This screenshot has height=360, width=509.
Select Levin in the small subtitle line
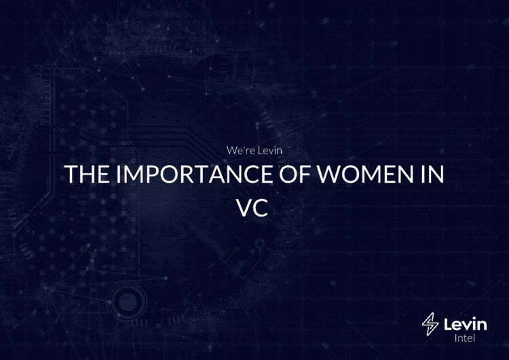(270, 150)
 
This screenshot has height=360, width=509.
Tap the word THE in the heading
(87, 174)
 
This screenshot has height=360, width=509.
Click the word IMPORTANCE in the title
(194, 174)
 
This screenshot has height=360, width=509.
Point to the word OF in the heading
(295, 174)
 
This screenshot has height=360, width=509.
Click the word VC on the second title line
(252, 207)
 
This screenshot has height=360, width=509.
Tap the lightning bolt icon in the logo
(430, 324)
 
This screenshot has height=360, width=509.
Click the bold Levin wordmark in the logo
(465, 324)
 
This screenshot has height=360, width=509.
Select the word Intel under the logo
(464, 338)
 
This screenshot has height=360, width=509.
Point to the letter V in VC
(244, 207)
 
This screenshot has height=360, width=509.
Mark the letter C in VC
(261, 207)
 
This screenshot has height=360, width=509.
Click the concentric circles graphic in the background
(128, 302)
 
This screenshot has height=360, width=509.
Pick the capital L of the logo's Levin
(448, 324)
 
